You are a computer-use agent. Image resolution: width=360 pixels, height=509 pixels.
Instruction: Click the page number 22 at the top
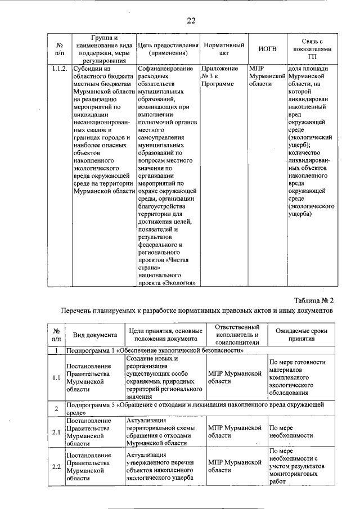[191, 20]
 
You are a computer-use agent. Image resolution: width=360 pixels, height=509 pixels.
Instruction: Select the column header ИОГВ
[267, 49]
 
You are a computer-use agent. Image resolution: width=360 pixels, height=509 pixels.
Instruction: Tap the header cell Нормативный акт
[223, 49]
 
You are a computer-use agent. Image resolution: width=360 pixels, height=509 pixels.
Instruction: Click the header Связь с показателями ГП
[312, 49]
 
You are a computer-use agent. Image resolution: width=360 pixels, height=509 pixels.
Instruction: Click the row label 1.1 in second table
[56, 377]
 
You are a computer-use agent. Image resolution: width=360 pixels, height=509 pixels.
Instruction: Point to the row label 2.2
[56, 467]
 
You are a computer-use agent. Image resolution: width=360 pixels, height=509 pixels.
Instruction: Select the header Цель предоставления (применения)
[169, 49]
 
